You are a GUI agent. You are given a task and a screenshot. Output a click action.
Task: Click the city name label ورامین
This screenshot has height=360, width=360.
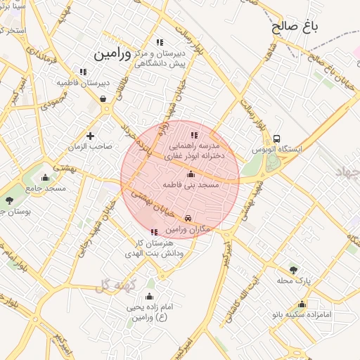pos(112,53)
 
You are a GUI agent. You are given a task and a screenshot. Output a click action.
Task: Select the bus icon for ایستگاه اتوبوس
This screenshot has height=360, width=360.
pos(277,139)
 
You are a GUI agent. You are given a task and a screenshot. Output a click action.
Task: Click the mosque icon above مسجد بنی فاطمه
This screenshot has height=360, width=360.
pos(191,174)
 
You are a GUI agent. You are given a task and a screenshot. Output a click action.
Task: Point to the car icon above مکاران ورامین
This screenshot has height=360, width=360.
pos(188,219)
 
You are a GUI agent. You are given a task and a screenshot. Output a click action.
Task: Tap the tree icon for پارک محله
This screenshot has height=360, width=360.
pos(293,269)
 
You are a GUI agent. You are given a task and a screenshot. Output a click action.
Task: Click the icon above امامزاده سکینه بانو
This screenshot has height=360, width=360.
pos(302,304)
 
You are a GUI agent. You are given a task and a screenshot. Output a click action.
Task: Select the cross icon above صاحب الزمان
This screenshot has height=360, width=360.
pos(90,136)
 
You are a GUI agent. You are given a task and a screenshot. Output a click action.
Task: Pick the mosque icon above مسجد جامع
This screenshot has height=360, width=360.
pos(46,177)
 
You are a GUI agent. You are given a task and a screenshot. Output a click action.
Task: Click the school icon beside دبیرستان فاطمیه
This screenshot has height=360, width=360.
pos(83,72)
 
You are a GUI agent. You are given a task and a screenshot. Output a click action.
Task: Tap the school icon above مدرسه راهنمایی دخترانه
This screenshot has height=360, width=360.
pos(194,134)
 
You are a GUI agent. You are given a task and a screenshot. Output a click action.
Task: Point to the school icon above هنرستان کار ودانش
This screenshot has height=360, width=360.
pos(154,232)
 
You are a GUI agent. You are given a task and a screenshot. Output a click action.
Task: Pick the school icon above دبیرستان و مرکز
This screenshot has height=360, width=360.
pos(160,42)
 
